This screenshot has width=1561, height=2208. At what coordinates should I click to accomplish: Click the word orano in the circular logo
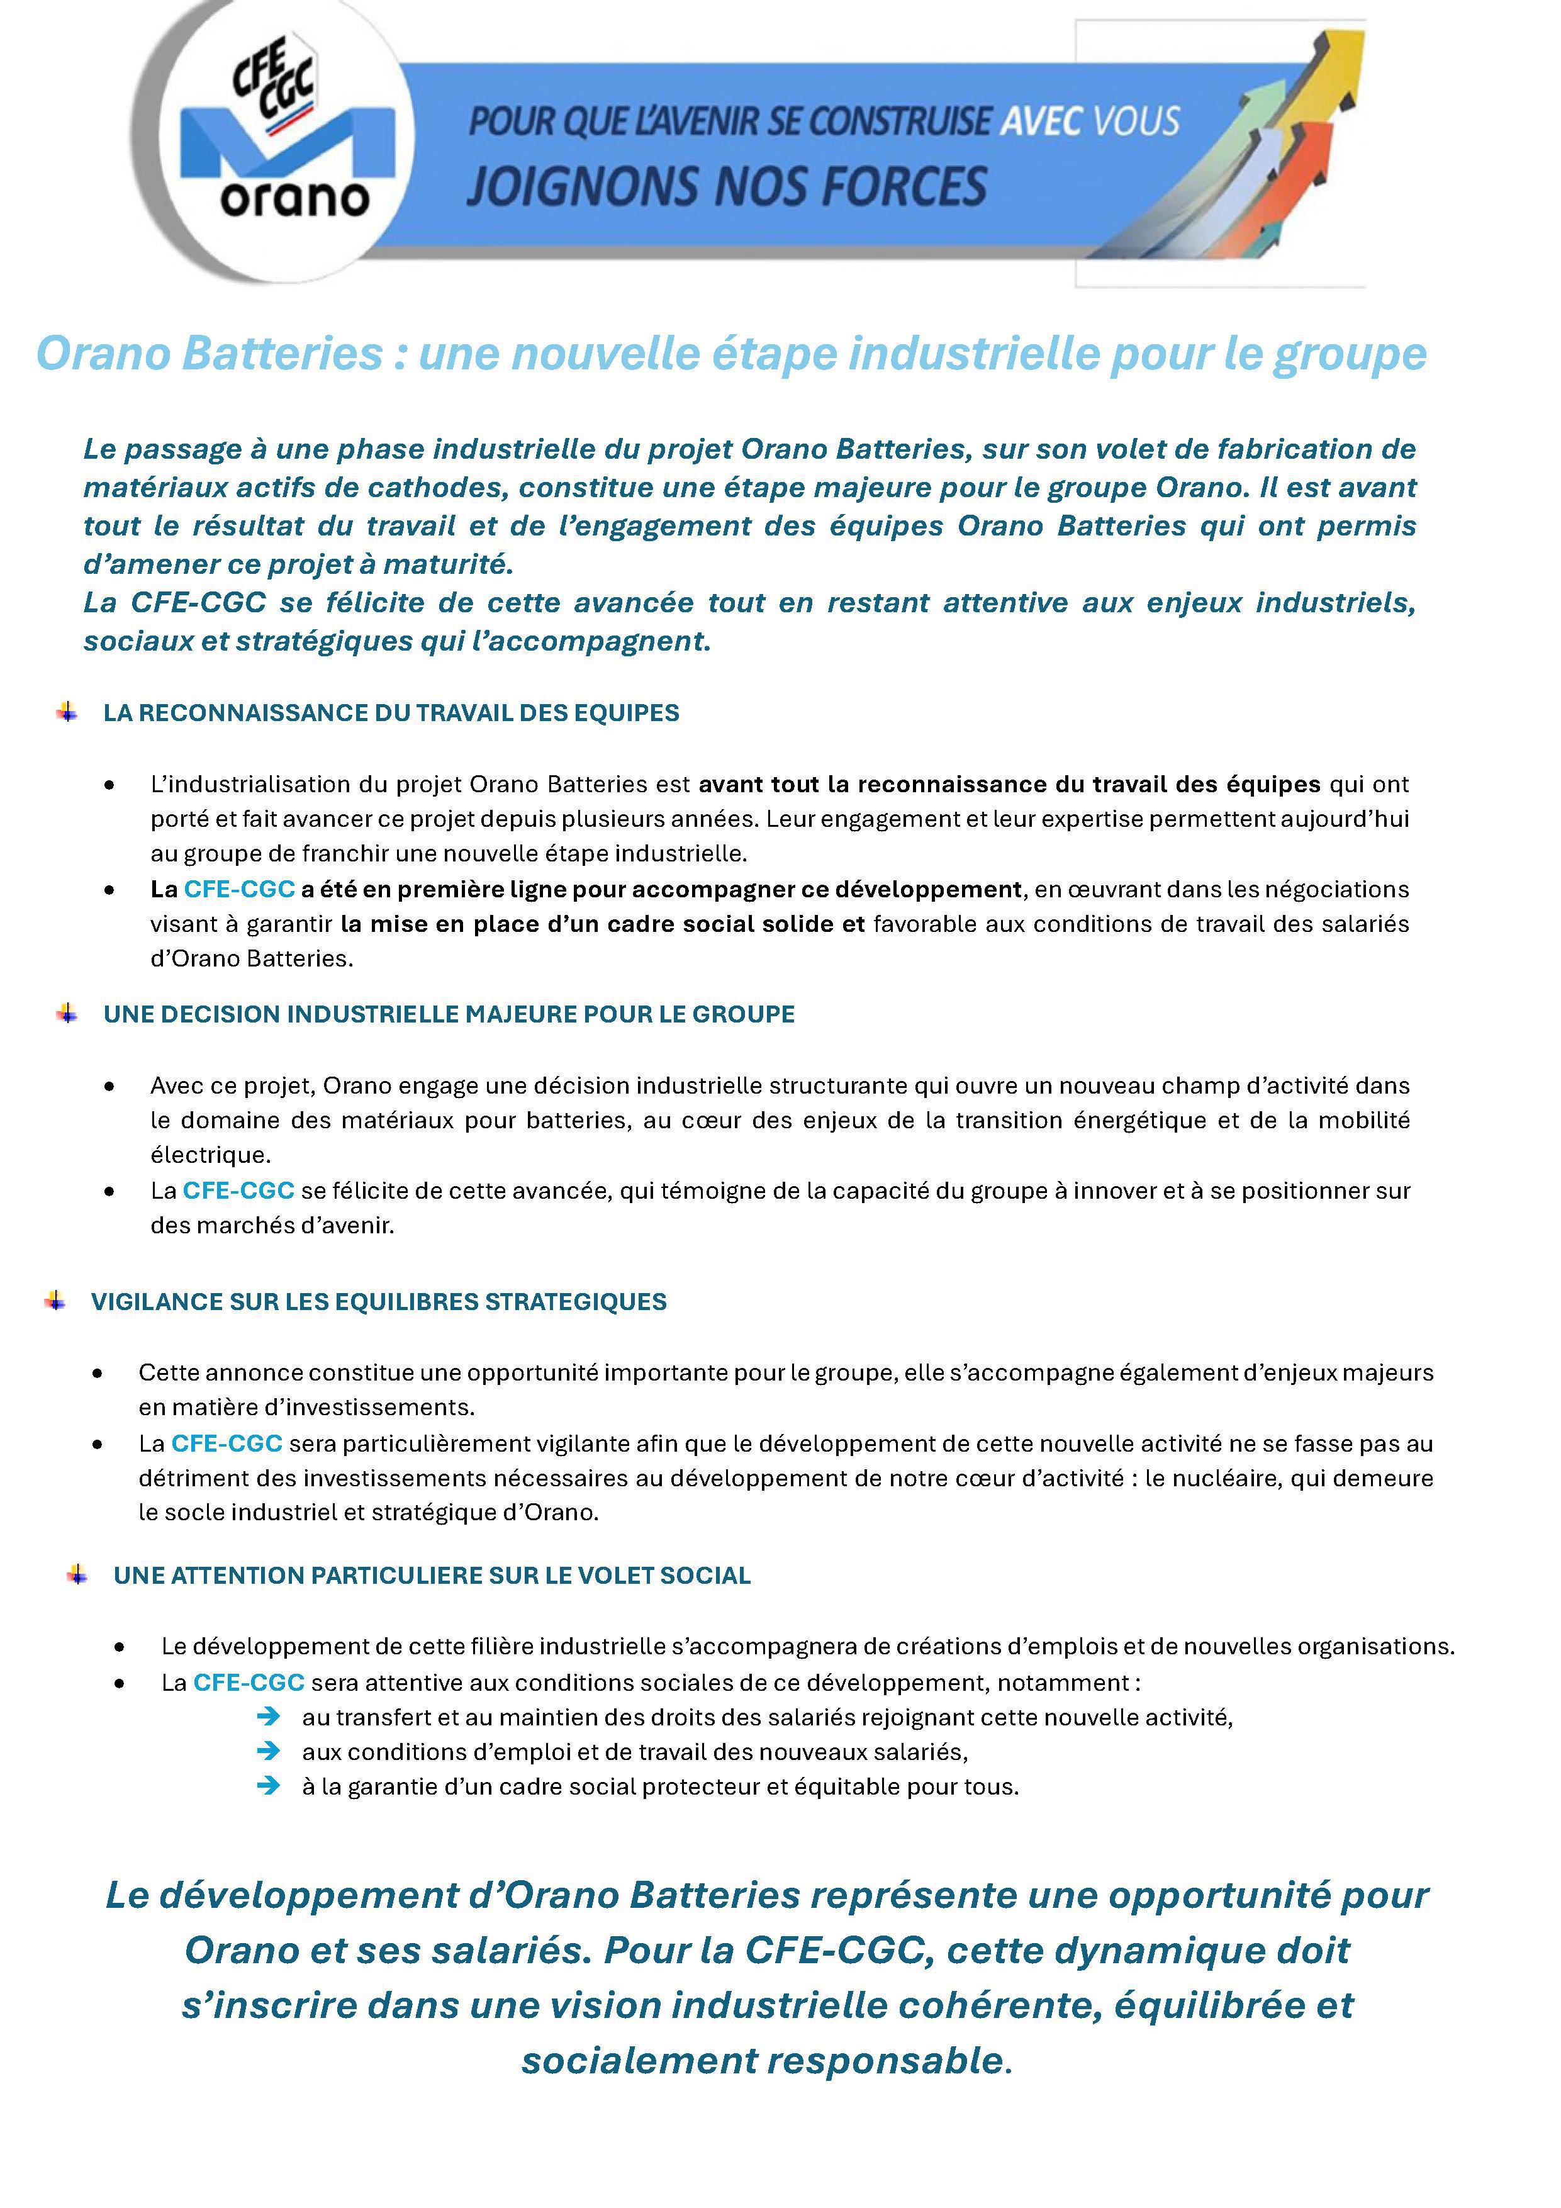click(294, 199)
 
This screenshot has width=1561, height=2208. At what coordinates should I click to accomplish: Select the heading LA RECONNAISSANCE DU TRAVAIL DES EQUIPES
click(391, 712)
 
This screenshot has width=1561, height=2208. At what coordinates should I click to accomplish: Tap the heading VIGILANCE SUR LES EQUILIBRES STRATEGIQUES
click(378, 1301)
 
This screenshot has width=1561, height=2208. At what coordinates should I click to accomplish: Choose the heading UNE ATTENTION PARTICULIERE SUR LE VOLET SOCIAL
click(432, 1575)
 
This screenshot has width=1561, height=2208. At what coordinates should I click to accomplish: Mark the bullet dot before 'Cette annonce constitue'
click(98, 1373)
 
